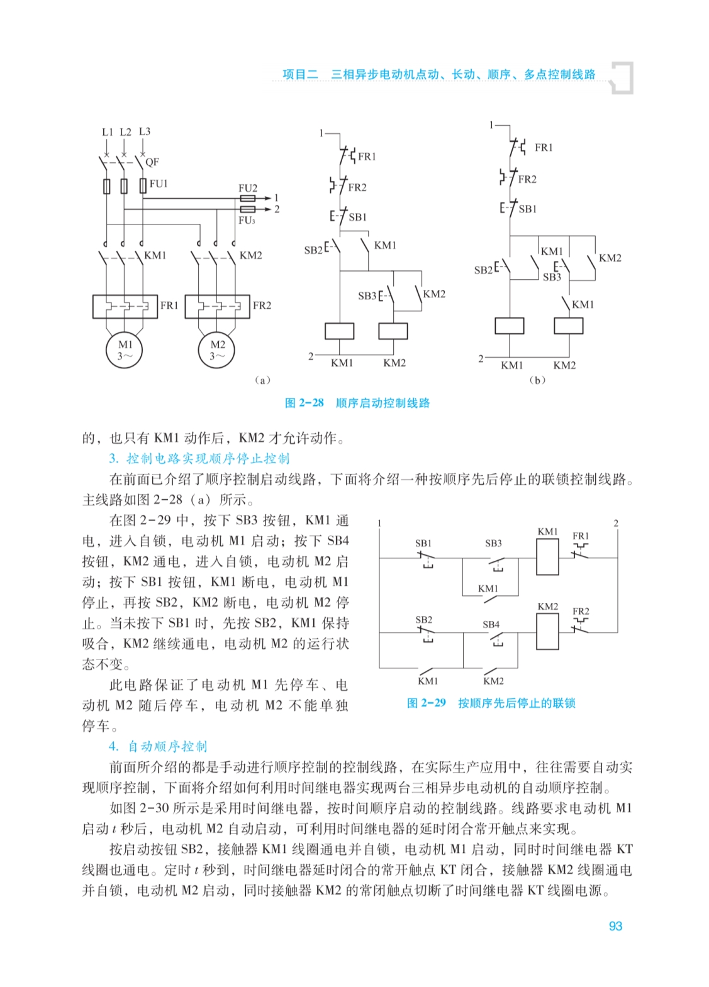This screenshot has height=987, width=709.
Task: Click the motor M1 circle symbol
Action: coord(125,350)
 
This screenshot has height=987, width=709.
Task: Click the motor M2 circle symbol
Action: coord(217,350)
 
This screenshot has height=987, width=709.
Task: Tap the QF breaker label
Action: coord(152,162)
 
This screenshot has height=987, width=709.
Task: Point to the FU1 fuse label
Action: coord(159,184)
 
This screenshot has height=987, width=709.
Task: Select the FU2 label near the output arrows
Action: coord(248,188)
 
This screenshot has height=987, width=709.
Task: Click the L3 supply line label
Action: coord(145,131)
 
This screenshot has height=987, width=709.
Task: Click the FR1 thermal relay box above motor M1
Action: coord(125,306)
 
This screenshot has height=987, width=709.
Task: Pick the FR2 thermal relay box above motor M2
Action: coord(217,306)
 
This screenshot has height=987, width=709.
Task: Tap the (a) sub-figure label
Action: coord(262,380)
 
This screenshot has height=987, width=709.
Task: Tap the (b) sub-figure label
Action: coord(537,380)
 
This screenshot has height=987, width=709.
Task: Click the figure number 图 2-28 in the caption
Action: coord(304,403)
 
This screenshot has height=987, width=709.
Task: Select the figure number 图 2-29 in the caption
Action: coord(427,703)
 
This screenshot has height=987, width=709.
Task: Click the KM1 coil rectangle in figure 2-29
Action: coord(547,557)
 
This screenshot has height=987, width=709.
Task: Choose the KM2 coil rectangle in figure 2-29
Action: coord(547,631)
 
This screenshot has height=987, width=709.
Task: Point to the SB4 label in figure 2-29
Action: coord(491,624)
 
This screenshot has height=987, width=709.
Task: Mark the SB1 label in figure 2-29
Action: coord(423,543)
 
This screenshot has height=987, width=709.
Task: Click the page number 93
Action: coord(615,926)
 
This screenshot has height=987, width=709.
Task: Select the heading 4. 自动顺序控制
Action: coord(158,746)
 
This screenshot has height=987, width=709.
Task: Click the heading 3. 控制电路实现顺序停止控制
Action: coord(199,458)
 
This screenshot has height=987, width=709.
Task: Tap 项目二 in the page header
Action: coord(300,74)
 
